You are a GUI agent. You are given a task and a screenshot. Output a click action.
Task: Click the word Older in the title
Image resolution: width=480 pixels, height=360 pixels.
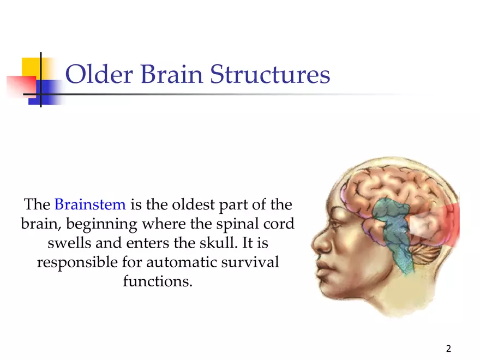click(x=99, y=74)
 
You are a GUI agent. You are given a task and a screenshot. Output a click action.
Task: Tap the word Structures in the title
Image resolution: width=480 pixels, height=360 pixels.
click(x=270, y=74)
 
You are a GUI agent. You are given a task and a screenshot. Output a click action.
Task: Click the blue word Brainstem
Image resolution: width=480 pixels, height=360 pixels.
click(x=90, y=204)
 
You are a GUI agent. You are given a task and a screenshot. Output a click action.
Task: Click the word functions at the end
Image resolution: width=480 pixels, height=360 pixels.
click(x=158, y=281)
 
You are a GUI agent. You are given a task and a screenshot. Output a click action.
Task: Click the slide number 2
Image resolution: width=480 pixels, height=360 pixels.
click(x=448, y=349)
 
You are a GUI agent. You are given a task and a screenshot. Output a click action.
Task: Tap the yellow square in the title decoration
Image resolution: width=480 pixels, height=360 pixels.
click(x=31, y=68)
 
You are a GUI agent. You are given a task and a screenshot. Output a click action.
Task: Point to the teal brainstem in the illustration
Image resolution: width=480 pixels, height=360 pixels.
click(x=393, y=233)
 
